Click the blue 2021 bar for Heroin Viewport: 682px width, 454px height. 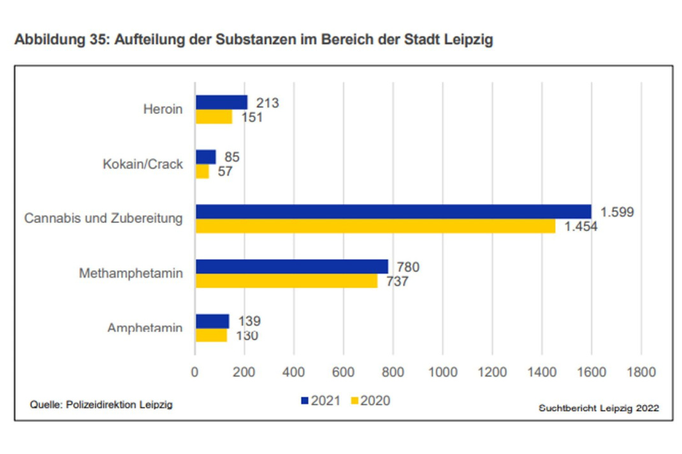(x=221, y=102)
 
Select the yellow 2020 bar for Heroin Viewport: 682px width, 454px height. (x=214, y=117)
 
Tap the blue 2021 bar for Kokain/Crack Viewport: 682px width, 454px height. (x=205, y=157)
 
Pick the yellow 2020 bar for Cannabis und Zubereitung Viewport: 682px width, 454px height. (x=375, y=226)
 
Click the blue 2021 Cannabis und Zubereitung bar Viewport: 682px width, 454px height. (x=393, y=211)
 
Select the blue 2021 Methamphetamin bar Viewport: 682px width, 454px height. (x=291, y=266)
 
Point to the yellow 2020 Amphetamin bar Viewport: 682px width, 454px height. (x=211, y=336)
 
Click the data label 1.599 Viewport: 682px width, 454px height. (x=616, y=212)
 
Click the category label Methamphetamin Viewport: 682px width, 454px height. (x=131, y=274)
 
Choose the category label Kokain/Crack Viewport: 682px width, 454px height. (x=143, y=164)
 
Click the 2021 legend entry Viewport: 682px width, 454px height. (x=321, y=401)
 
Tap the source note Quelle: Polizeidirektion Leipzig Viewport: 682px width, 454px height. (x=101, y=404)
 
